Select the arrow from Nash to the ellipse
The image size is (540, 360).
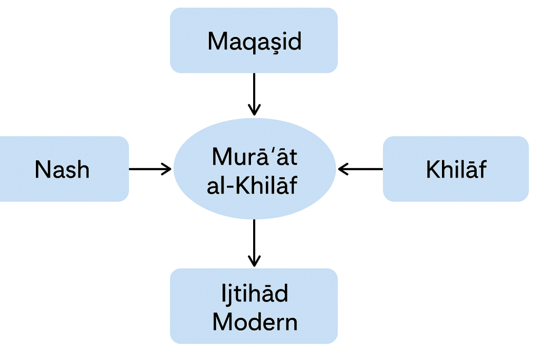(150, 169)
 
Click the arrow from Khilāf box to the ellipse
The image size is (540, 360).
(361, 169)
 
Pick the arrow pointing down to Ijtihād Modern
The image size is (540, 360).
(254, 242)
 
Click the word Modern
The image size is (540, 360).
(255, 322)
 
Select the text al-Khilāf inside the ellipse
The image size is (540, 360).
(253, 186)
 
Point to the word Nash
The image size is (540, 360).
(62, 169)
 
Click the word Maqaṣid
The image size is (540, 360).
(254, 41)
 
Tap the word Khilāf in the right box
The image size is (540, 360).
(456, 169)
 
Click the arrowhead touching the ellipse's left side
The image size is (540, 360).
(167, 169)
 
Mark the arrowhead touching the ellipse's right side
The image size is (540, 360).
(343, 169)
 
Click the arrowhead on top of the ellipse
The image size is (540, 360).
(254, 110)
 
